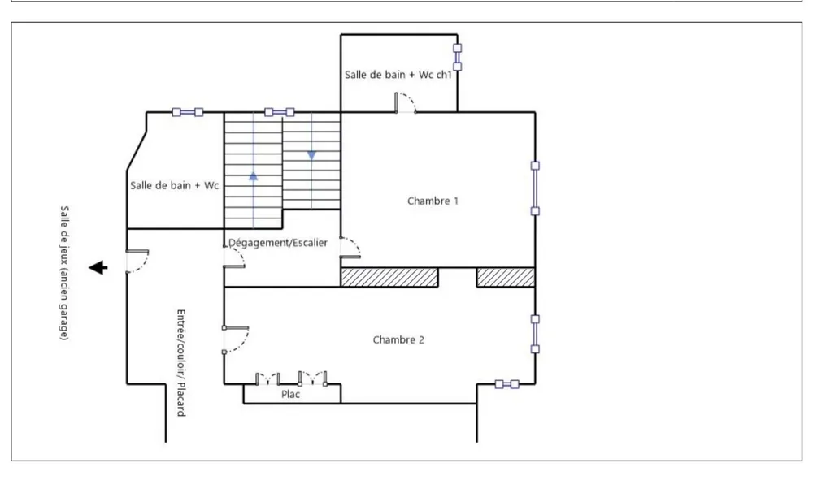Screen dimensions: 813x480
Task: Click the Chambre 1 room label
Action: [433, 201]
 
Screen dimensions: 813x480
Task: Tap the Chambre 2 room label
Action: [398, 339]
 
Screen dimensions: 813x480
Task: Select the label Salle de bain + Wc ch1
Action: [398, 75]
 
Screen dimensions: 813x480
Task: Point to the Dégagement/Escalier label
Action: [278, 242]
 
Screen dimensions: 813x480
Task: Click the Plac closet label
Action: [290, 394]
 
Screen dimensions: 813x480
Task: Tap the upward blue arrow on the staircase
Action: [253, 176]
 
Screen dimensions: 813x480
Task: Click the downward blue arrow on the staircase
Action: [311, 155]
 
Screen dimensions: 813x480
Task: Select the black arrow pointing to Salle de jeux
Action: [98, 268]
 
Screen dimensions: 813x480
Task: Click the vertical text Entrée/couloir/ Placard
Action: [181, 362]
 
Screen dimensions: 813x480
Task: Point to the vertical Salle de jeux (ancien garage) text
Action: [64, 273]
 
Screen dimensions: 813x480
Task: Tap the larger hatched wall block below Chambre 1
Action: [389, 277]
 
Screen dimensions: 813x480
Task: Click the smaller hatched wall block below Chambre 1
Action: [506, 277]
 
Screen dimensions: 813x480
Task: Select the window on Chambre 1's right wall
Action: [535, 188]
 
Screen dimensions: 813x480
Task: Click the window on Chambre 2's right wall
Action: [535, 334]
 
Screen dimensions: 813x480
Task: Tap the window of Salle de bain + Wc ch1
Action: [457, 57]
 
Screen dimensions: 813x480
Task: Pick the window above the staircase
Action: [280, 112]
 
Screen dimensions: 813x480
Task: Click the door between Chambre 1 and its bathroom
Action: [406, 102]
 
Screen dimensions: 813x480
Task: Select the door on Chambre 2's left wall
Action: [236, 339]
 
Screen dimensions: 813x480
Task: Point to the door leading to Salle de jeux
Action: [137, 261]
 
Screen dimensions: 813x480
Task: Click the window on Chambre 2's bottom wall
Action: [506, 384]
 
